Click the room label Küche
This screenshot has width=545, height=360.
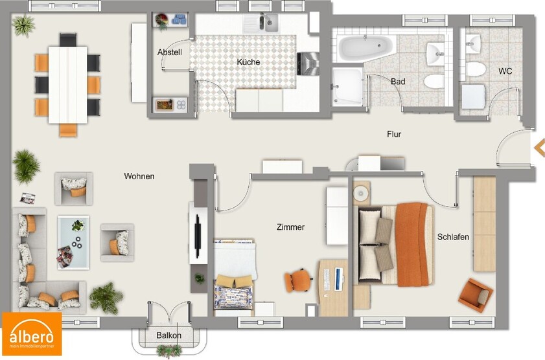pyautogui.click(x=248, y=62)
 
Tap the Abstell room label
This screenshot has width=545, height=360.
pyautogui.click(x=170, y=52)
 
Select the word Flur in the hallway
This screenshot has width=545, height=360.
pyautogui.click(x=393, y=135)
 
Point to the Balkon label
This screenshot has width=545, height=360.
pyautogui.click(x=168, y=335)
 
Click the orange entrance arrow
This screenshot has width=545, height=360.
pyautogui.click(x=539, y=148)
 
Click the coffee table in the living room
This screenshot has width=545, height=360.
pyautogui.click(x=73, y=241)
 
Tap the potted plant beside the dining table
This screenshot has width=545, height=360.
pyautogui.click(x=25, y=26)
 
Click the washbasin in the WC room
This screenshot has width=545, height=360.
pyautogui.click(x=474, y=43)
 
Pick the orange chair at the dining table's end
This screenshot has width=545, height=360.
pyautogui.click(x=68, y=129)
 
